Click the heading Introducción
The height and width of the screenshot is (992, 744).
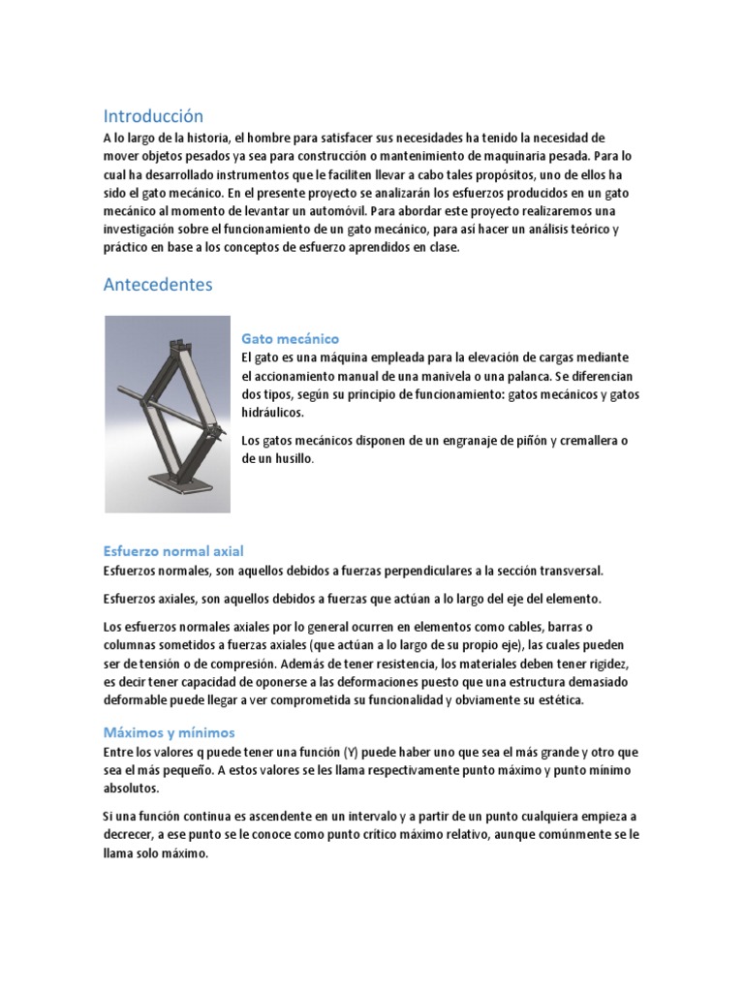pos(153,116)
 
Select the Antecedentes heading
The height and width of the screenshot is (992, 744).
pos(157,285)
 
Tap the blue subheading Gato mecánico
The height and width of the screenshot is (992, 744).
pos(290,339)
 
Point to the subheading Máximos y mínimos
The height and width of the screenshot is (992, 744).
pos(169,732)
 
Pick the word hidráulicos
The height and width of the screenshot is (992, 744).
pos(273,413)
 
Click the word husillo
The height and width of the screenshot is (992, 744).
pos(294,459)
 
